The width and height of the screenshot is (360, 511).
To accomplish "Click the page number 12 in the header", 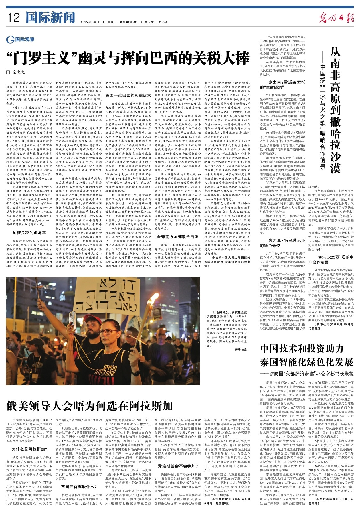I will point(13,18).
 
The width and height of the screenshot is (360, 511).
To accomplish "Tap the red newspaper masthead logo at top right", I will point(336,18).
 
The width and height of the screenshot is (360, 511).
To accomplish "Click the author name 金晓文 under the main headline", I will point(19,72).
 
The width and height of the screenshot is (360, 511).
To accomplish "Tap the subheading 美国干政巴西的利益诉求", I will point(128,96).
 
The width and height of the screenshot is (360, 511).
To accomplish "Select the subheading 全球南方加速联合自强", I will point(178,237).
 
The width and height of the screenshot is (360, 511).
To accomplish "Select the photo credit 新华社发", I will point(241,350).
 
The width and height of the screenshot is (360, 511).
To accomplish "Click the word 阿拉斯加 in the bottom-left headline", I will point(151,406).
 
